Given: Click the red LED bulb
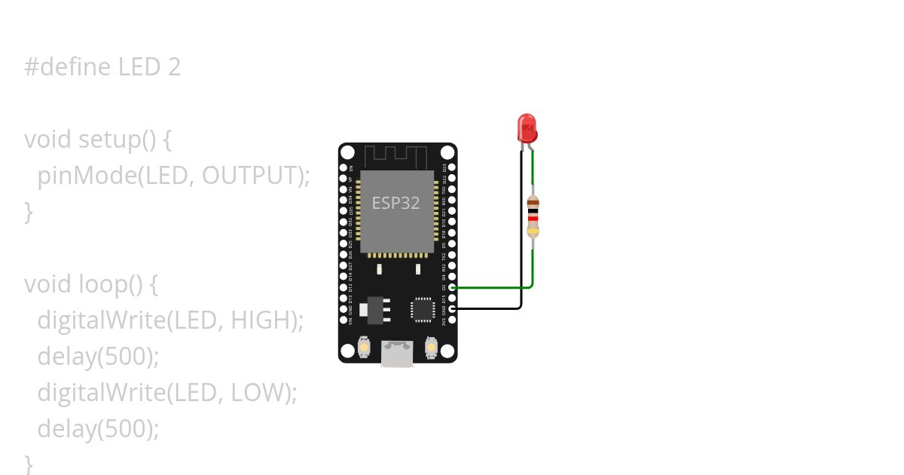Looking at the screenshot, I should (527, 127).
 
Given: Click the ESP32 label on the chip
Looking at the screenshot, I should (395, 203).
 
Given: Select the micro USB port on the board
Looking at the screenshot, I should (397, 353).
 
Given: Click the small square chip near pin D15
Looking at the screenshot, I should (422, 309).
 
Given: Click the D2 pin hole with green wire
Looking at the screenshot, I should (452, 287).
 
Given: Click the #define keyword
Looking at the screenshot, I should (68, 67).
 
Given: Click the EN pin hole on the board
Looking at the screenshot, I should (344, 168).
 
